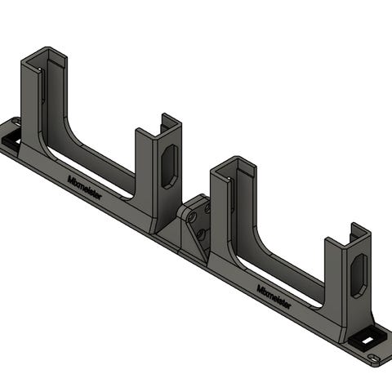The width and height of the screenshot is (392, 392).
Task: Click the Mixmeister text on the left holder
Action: pos(85,188)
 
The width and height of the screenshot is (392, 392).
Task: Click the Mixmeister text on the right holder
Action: pos(274,296)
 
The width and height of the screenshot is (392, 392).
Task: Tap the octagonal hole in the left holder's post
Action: pos(170,167)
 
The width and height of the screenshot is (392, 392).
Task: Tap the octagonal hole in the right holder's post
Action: pos(359,276)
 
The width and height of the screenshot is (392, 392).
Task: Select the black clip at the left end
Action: pos(11,139)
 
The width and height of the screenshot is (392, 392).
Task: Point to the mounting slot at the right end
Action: pos(373,358)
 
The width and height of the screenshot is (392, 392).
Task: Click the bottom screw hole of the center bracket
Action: pos(201,234)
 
